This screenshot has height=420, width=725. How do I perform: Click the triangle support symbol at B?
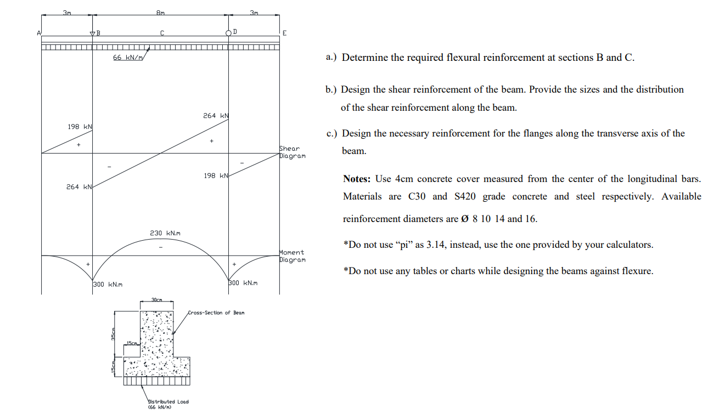92,34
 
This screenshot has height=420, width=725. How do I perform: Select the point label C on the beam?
162,33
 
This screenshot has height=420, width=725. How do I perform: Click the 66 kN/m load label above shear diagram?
127,58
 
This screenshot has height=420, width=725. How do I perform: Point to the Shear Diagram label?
291,152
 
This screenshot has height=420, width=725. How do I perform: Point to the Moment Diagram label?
291,256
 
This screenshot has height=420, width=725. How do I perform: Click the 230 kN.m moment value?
165,233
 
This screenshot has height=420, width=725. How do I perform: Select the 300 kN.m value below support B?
108,284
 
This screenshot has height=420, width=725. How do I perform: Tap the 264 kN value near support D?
215,116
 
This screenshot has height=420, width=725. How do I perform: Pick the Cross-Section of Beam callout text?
216,313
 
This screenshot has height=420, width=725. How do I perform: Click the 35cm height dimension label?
112,333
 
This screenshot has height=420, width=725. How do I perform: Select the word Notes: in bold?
357,179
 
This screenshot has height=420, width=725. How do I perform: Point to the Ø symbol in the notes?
465,219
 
